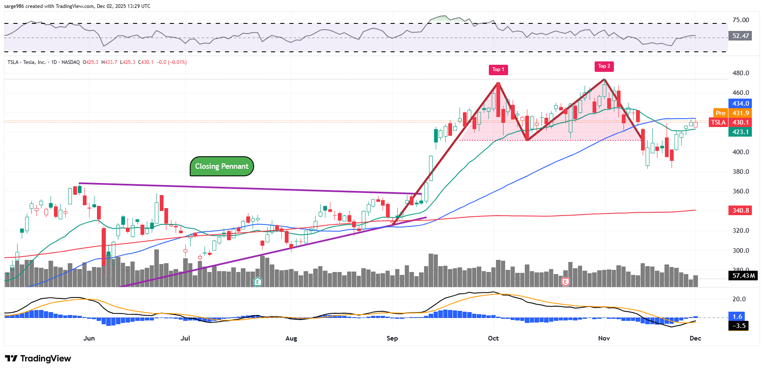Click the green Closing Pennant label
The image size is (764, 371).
pos(222,166)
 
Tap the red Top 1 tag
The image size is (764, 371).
pos(498,69)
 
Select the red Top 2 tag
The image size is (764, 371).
pos(604,66)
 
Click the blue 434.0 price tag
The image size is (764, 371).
pos(740,104)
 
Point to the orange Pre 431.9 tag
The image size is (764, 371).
pos(732,113)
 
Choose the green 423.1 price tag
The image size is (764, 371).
pos(740,132)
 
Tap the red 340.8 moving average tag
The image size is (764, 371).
pos(740,210)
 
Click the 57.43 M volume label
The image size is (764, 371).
pos(744,276)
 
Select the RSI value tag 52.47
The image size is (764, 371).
pos(740,36)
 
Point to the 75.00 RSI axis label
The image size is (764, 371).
pos(741,20)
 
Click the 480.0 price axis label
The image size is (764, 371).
pos(741,73)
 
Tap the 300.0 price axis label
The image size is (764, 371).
pos(741,251)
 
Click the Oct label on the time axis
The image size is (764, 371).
pos(493,338)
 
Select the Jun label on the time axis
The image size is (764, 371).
pos(89,338)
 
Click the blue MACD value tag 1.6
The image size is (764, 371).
pos(738,316)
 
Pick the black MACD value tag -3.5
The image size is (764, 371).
pos(738,326)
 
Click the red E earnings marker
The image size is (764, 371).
pos(565,282)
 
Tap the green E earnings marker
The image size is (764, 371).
pos(258,282)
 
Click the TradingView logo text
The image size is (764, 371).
pos(38,358)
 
